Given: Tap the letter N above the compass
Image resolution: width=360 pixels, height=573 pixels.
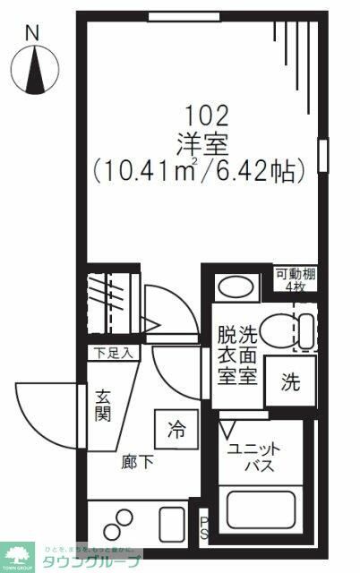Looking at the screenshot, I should pyautogui.click(x=33, y=33).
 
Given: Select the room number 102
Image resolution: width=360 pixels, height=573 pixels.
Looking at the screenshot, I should pyautogui.click(x=207, y=115).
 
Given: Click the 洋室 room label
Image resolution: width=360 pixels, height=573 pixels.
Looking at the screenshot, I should pyautogui.click(x=207, y=141).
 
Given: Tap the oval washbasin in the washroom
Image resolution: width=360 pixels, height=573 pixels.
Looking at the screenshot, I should pyautogui.click(x=236, y=286).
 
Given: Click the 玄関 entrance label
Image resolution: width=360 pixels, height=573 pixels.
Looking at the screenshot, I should pyautogui.click(x=104, y=405).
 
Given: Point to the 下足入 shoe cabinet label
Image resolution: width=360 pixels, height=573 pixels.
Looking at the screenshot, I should pyautogui.click(x=110, y=353).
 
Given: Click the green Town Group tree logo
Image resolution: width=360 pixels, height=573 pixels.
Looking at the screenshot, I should pyautogui.click(x=17, y=557).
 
